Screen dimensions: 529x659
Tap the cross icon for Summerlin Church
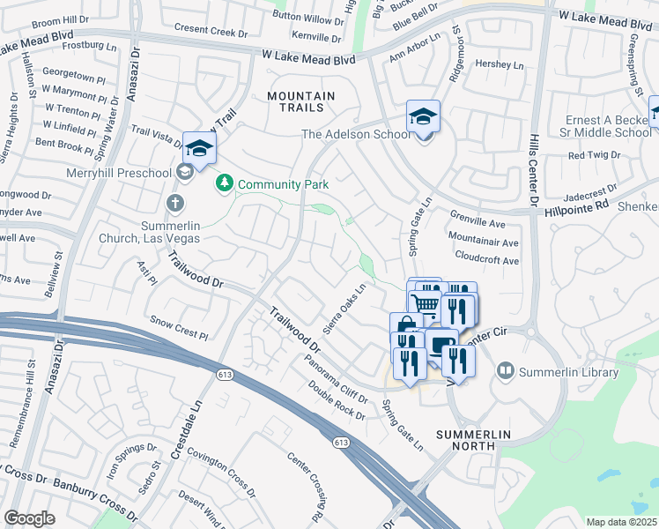click(175, 204)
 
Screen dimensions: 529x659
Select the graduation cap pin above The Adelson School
click(423, 116)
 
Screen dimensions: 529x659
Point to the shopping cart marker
click(426, 304)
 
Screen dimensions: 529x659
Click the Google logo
click(30, 518)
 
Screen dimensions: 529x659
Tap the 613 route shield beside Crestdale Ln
click(218, 376)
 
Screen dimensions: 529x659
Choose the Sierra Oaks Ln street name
click(344, 309)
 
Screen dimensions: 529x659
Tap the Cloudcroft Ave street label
click(487, 261)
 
